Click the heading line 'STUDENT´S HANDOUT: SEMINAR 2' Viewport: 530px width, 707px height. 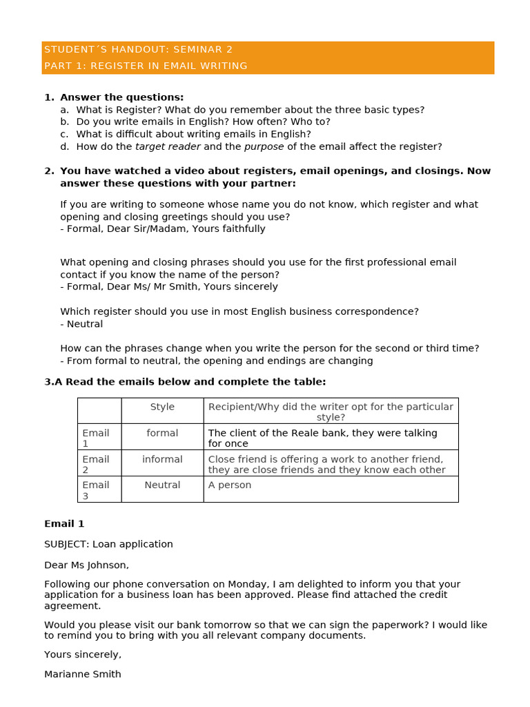point(138,50)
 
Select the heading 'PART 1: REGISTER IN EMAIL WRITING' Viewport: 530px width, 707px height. point(146,66)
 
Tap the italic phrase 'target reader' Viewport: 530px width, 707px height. point(168,146)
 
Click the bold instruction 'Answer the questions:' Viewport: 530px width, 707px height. point(121,97)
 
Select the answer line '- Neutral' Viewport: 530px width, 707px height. point(81,324)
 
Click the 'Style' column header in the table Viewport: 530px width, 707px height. point(162,407)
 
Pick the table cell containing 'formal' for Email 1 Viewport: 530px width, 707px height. point(162,434)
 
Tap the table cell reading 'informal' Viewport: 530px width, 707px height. point(162,460)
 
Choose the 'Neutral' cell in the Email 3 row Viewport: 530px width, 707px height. point(162,485)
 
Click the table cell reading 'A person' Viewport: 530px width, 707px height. point(230,485)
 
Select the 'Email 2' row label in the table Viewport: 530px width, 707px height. point(96,465)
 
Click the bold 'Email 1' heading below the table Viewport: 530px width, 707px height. point(64,524)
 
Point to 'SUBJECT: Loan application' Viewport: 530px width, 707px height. point(108,544)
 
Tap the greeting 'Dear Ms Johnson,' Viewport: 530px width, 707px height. point(86,565)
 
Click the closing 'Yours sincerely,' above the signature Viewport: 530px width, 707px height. point(83,655)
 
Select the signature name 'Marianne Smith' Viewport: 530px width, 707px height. point(83,675)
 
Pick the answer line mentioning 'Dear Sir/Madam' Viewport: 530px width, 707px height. point(163,229)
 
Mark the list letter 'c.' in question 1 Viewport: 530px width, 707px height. point(64,134)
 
